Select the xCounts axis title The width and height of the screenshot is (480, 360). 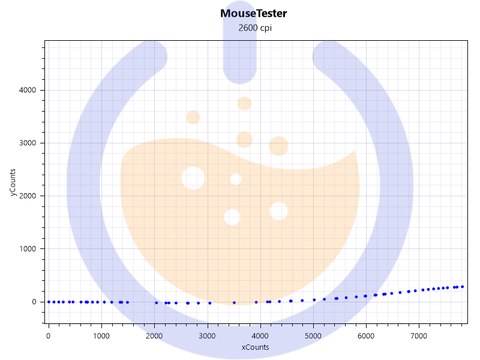[x=255, y=347]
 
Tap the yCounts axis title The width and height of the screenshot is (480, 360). [x=13, y=182]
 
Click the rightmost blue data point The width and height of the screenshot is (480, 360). [x=462, y=287]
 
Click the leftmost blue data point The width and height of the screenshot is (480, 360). [x=49, y=302]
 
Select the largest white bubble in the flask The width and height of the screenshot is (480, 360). [x=193, y=178]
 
